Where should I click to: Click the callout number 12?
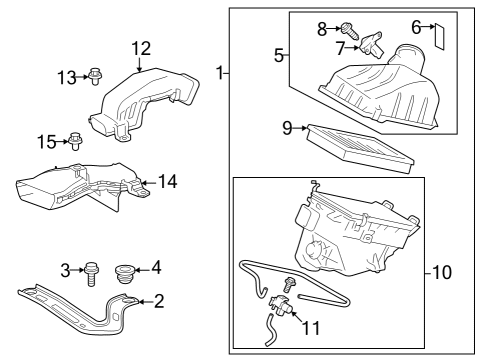tap(141, 46)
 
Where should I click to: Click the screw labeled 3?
tap(92, 270)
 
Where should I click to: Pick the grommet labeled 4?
tap(125, 270)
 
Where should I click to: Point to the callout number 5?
tap(281, 54)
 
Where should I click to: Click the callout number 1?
tap(219, 73)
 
